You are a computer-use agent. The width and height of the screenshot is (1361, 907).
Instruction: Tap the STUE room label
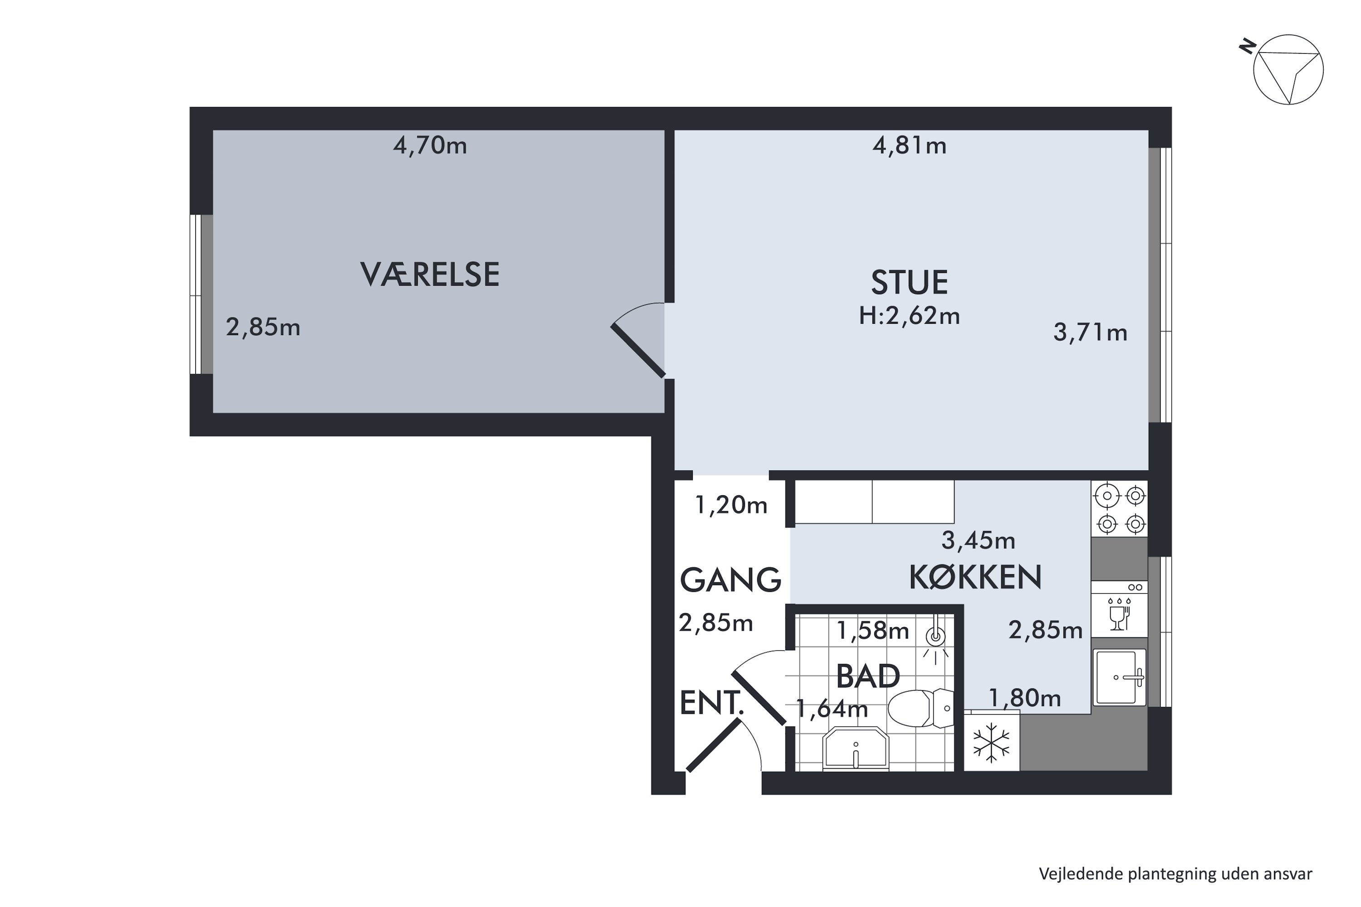point(909,283)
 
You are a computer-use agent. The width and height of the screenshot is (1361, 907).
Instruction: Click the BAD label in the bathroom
point(867,676)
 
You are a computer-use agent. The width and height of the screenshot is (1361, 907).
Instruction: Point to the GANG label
point(730,580)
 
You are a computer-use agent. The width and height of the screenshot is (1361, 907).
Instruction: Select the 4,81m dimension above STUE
point(909,145)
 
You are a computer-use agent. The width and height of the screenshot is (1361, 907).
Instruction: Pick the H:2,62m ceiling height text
point(909,316)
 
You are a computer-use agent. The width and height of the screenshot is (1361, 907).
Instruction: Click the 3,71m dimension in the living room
point(1090,332)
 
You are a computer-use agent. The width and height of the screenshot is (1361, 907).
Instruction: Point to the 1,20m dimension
point(730,506)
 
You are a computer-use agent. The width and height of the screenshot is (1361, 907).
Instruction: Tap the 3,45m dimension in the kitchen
point(978,540)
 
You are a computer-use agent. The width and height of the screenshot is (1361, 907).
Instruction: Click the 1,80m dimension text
point(1024,699)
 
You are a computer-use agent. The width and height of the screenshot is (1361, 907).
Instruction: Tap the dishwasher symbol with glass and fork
point(1119,610)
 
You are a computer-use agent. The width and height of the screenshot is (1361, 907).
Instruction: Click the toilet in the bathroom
point(920,708)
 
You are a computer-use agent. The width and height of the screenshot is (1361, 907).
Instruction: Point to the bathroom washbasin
point(855,750)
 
